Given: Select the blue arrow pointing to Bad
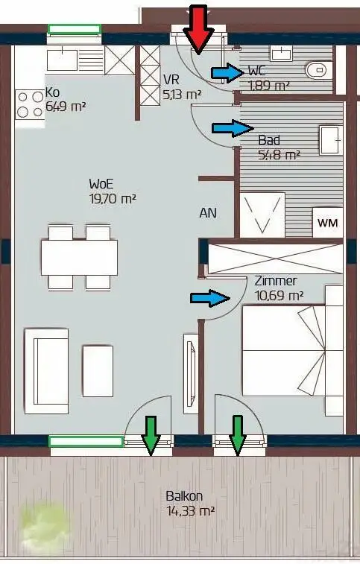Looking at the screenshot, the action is click(x=233, y=128).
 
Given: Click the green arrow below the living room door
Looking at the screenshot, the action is click(x=151, y=435).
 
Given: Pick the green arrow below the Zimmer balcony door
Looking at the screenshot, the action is click(x=237, y=435).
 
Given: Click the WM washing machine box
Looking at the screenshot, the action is click(x=328, y=222).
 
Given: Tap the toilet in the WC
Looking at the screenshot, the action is click(x=318, y=70).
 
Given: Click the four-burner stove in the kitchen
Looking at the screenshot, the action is click(x=30, y=104).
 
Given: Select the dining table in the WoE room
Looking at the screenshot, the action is click(x=79, y=258).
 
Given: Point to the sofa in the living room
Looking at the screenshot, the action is click(x=46, y=370).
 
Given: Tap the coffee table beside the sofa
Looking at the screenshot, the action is click(x=98, y=371).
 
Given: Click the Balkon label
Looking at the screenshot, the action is click(x=184, y=496).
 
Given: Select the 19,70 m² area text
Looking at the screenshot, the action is click(x=113, y=198).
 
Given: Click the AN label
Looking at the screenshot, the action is click(x=208, y=213).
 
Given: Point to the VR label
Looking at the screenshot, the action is click(x=171, y=79).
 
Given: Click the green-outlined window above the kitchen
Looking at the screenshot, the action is click(x=74, y=30).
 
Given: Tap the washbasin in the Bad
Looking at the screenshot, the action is click(x=330, y=140).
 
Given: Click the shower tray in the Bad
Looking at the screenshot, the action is click(x=262, y=215).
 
